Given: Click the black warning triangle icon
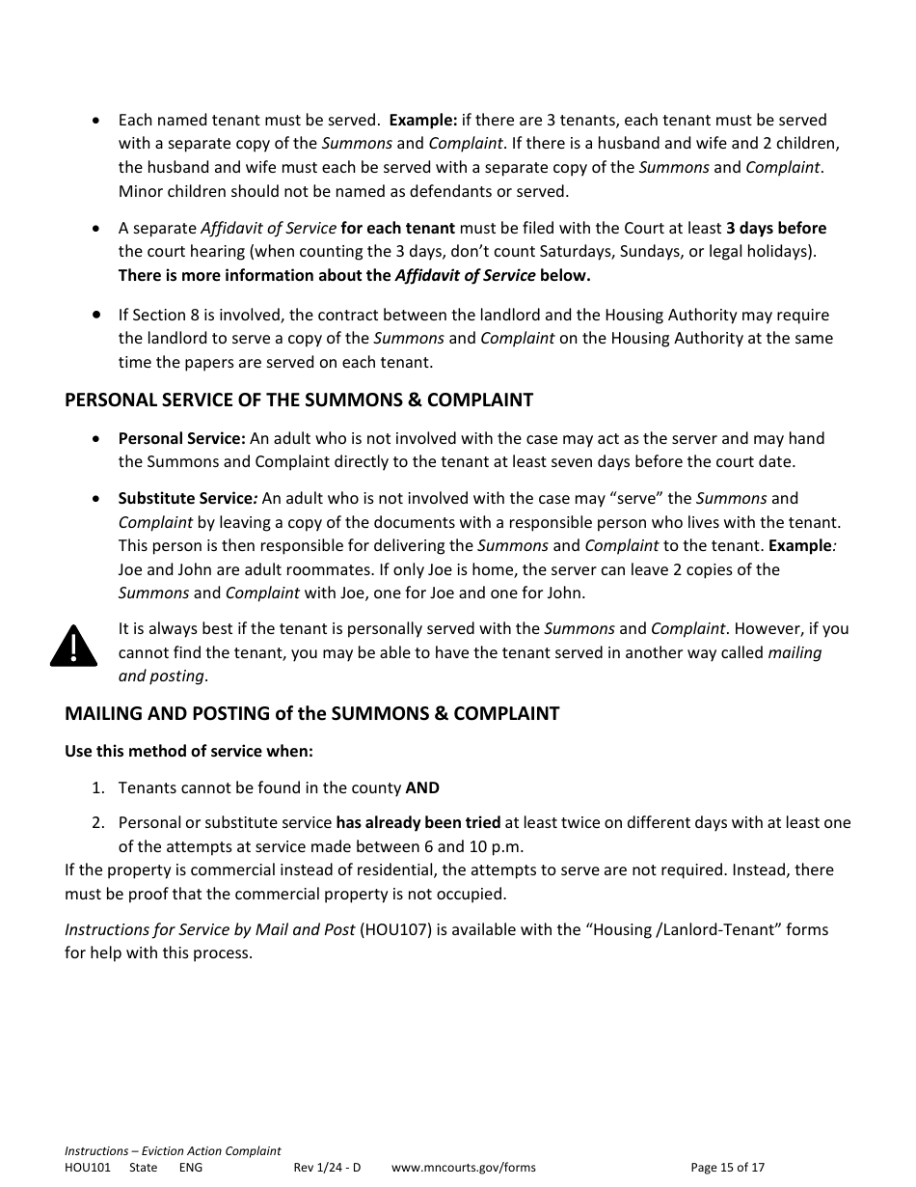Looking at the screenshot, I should [x=74, y=647].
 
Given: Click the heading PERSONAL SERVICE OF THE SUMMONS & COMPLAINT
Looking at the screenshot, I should [x=298, y=400].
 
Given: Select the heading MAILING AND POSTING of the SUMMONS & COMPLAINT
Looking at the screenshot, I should [x=311, y=714].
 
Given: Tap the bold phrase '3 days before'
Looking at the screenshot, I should [x=775, y=228].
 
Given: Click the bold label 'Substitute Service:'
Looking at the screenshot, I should [x=187, y=499].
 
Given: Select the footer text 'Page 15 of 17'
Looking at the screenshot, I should [x=727, y=1168].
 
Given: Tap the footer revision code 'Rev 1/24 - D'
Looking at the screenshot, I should [x=327, y=1168].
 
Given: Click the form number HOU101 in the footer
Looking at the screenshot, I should [x=88, y=1168].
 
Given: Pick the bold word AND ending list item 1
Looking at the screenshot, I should [x=422, y=787].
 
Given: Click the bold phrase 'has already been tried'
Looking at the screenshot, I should [x=418, y=823].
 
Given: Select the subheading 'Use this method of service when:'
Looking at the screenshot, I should [x=189, y=751].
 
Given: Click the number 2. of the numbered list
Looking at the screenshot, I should [x=97, y=823].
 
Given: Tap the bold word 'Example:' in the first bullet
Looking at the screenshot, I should [x=422, y=121].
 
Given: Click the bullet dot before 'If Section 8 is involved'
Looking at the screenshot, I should [x=96, y=315].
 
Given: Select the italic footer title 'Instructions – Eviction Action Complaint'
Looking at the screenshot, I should [x=173, y=1151].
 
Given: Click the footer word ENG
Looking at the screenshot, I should [x=190, y=1168].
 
